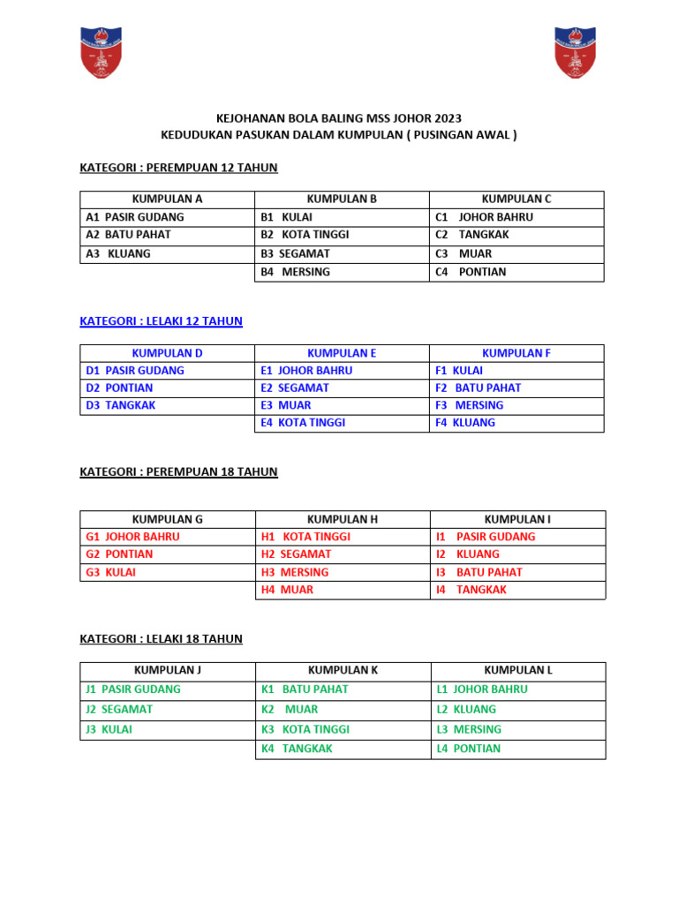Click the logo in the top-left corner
(x=101, y=52)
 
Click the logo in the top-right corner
(x=575, y=52)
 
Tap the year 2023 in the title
(x=445, y=118)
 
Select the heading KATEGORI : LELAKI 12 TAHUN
(x=161, y=321)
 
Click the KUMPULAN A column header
(x=167, y=200)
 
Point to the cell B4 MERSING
(x=296, y=272)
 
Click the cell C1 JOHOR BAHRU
(x=485, y=217)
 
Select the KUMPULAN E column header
(x=342, y=353)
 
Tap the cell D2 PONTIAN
(x=119, y=388)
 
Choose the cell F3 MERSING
(x=470, y=405)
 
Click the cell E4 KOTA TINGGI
(x=303, y=423)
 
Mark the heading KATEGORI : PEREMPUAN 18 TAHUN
(x=178, y=472)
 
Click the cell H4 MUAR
(x=288, y=590)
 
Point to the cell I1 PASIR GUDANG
(x=486, y=537)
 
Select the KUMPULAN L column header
(x=518, y=671)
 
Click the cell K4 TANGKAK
(x=298, y=749)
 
